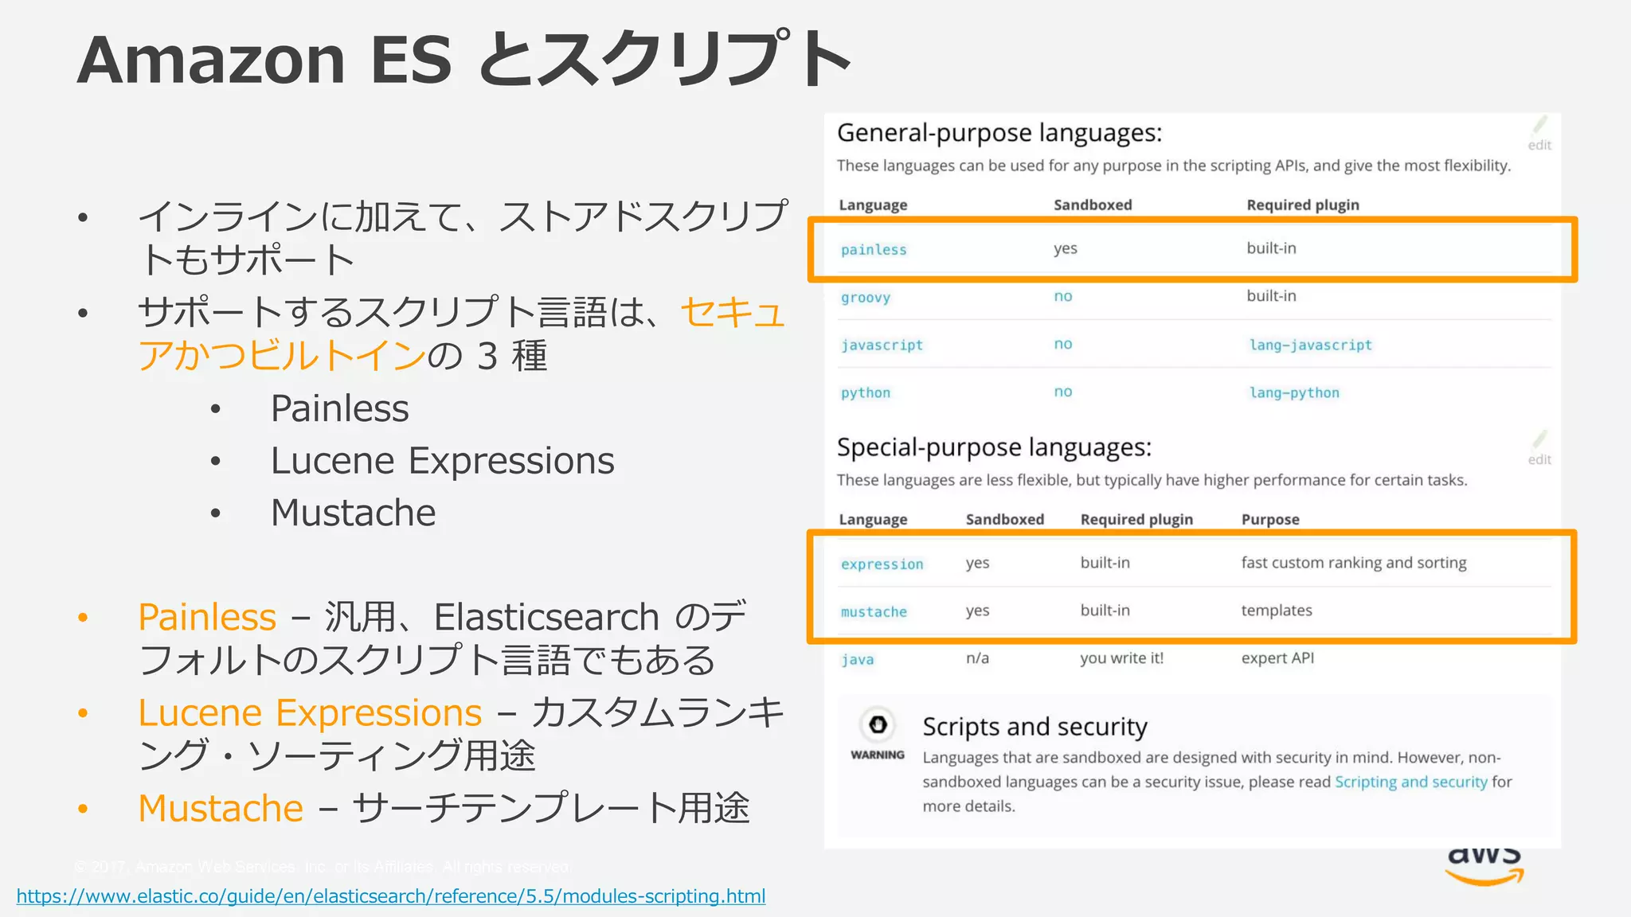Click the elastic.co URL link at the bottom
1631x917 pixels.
coord(390,896)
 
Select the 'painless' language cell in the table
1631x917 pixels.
coord(874,250)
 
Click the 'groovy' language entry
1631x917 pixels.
coord(866,298)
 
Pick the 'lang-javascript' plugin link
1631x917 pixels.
coord(1310,345)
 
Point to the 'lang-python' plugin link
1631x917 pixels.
coord(1294,393)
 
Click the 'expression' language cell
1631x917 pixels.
coord(882,564)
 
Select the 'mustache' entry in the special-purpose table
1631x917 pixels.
coord(874,612)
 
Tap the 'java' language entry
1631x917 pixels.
coord(858,660)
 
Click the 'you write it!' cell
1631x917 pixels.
coord(1121,658)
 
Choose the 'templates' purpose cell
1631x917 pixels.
coord(1277,611)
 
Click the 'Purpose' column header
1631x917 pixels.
coord(1270,520)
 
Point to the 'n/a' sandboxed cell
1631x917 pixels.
coord(977,658)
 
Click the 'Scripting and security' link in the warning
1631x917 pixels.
coord(1410,782)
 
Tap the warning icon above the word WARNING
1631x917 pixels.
coord(878,724)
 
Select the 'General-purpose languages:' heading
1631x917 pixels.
coord(999,133)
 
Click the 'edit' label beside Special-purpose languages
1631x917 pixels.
coord(1539,459)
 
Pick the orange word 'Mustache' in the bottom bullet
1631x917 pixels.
coord(221,809)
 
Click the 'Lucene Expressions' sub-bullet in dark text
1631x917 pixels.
coord(442,461)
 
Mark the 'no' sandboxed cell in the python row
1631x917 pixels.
coord(1063,392)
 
